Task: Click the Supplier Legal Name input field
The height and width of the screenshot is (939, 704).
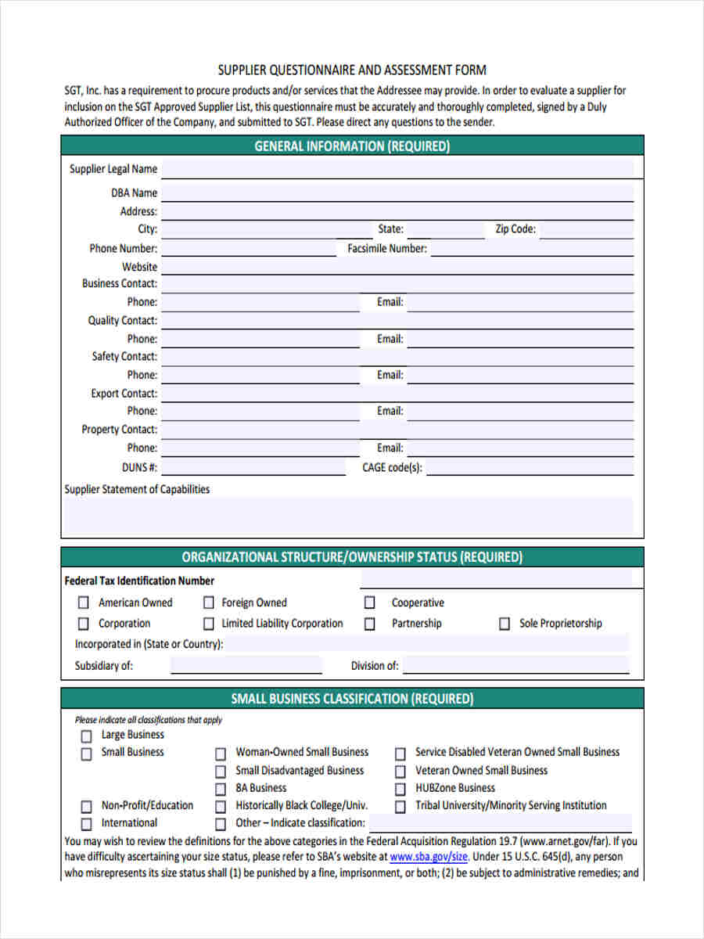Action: pos(397,169)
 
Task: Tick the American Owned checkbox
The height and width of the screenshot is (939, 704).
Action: pos(83,603)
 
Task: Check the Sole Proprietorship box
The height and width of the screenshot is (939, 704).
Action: pos(505,624)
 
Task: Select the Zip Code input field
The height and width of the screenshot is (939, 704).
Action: pos(586,230)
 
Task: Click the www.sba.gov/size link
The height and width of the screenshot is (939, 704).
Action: pos(429,857)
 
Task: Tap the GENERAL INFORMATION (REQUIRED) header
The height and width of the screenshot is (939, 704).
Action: pos(352,146)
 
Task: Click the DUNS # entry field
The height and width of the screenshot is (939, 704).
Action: pos(253,468)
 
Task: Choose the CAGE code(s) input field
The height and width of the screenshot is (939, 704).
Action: pos(530,468)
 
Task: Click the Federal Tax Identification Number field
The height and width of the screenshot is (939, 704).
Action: pos(496,580)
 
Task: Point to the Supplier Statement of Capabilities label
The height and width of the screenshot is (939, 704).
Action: pos(137,490)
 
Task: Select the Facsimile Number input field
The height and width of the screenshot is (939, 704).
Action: pos(532,249)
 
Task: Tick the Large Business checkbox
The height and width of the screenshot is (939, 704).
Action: pos(86,736)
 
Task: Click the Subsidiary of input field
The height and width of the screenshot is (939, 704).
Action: pos(246,666)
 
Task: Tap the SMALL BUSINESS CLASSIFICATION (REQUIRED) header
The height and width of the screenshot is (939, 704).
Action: pos(352,699)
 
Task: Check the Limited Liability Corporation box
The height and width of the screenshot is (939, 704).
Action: pos(208,624)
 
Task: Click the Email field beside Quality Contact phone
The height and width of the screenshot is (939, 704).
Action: pos(520,340)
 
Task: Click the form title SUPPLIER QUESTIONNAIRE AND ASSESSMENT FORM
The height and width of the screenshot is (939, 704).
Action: pos(352,70)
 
